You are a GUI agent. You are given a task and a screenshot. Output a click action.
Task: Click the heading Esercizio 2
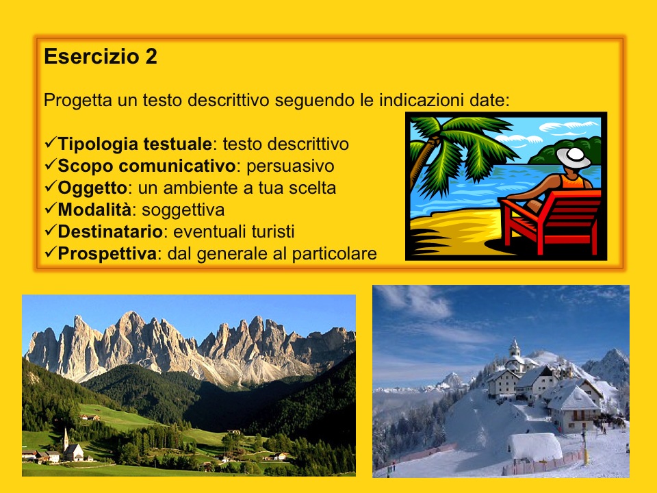101,57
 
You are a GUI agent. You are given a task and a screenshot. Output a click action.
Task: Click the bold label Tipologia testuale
135,144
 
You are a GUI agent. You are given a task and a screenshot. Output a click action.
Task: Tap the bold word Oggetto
92,187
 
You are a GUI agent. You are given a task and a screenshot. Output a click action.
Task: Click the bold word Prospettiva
107,253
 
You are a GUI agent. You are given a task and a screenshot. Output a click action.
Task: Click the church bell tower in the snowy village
515,349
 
